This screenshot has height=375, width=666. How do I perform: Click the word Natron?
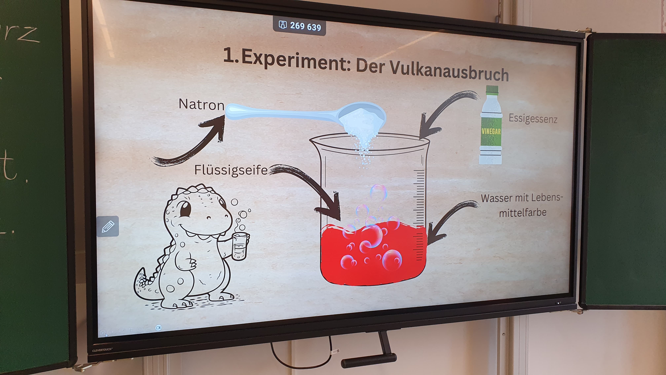point(201,104)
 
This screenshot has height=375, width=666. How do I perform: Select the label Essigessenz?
point(533,119)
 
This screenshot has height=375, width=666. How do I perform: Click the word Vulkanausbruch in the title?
point(449,71)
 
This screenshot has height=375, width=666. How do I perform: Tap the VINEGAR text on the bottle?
point(491,131)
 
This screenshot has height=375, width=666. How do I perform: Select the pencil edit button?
point(108,227)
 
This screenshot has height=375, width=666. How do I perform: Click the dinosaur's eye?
point(185,209)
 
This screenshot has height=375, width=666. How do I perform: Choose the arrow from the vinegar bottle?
point(445,109)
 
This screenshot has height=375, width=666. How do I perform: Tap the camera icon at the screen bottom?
point(158,328)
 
